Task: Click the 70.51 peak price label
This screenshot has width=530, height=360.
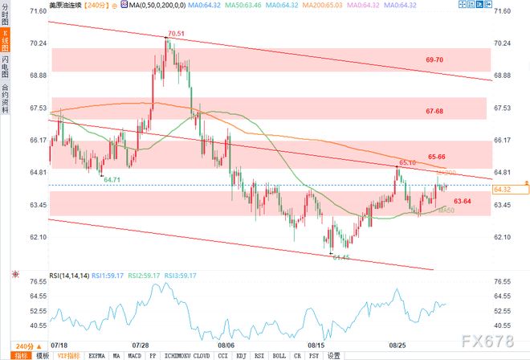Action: (176, 35)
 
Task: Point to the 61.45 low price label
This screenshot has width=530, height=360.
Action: (342, 256)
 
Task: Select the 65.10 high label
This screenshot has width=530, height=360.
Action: (406, 163)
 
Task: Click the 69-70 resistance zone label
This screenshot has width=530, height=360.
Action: (434, 60)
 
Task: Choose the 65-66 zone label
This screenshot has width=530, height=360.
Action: (437, 156)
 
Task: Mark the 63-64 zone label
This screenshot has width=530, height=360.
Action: (462, 200)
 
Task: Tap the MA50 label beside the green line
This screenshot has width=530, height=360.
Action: (447, 211)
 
